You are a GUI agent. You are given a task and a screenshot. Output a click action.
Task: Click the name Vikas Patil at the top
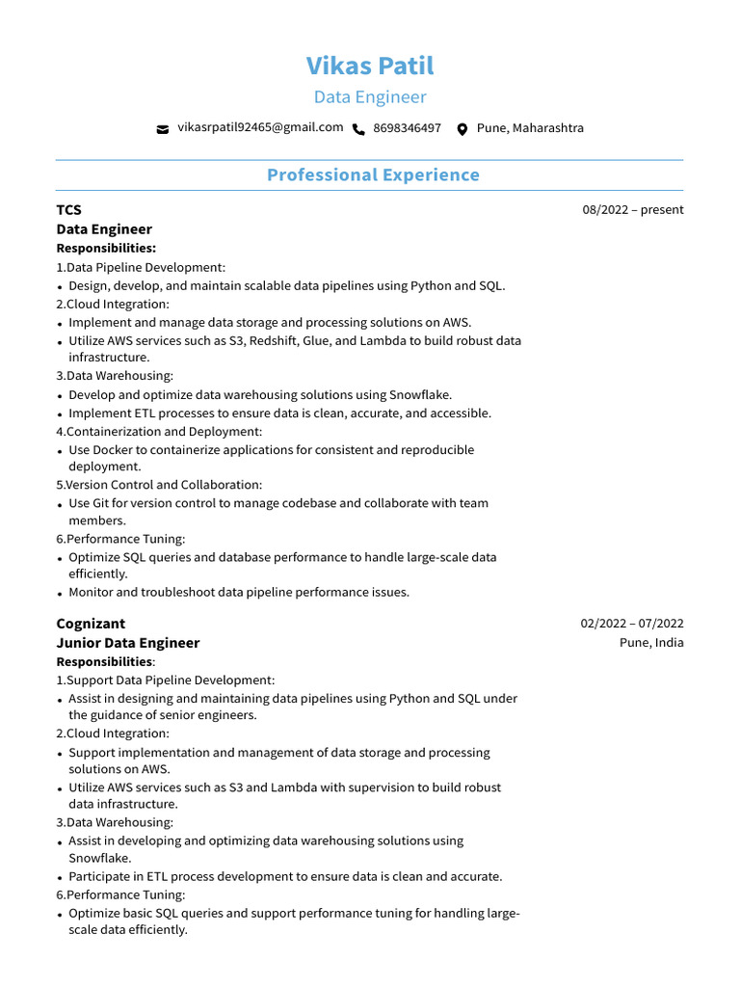(370, 66)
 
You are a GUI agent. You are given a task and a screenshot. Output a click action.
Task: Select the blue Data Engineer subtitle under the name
(370, 97)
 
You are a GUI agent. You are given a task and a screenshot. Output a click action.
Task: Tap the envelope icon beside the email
(163, 129)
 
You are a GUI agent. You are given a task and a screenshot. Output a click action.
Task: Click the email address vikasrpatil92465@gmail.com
(260, 127)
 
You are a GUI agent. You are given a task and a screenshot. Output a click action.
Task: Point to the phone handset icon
(359, 129)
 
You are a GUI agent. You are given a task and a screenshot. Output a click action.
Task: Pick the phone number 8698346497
(407, 128)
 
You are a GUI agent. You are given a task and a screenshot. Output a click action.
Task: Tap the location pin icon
(462, 129)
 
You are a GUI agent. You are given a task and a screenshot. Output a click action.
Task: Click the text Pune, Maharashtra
(530, 128)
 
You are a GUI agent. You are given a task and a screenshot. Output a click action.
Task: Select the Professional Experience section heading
(373, 174)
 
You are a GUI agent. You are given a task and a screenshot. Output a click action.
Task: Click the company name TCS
(69, 210)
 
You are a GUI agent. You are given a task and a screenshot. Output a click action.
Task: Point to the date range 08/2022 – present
(632, 210)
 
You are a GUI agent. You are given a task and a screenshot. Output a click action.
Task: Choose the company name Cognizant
(91, 624)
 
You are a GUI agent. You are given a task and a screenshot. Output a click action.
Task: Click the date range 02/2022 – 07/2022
(631, 624)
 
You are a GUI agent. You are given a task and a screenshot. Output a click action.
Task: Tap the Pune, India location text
(651, 643)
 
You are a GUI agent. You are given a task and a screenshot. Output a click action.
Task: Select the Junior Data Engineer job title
(128, 643)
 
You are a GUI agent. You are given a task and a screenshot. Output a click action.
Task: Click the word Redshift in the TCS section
(275, 341)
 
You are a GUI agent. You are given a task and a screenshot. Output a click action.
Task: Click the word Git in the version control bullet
(102, 503)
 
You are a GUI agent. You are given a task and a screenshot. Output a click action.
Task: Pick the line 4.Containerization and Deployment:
(159, 432)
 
